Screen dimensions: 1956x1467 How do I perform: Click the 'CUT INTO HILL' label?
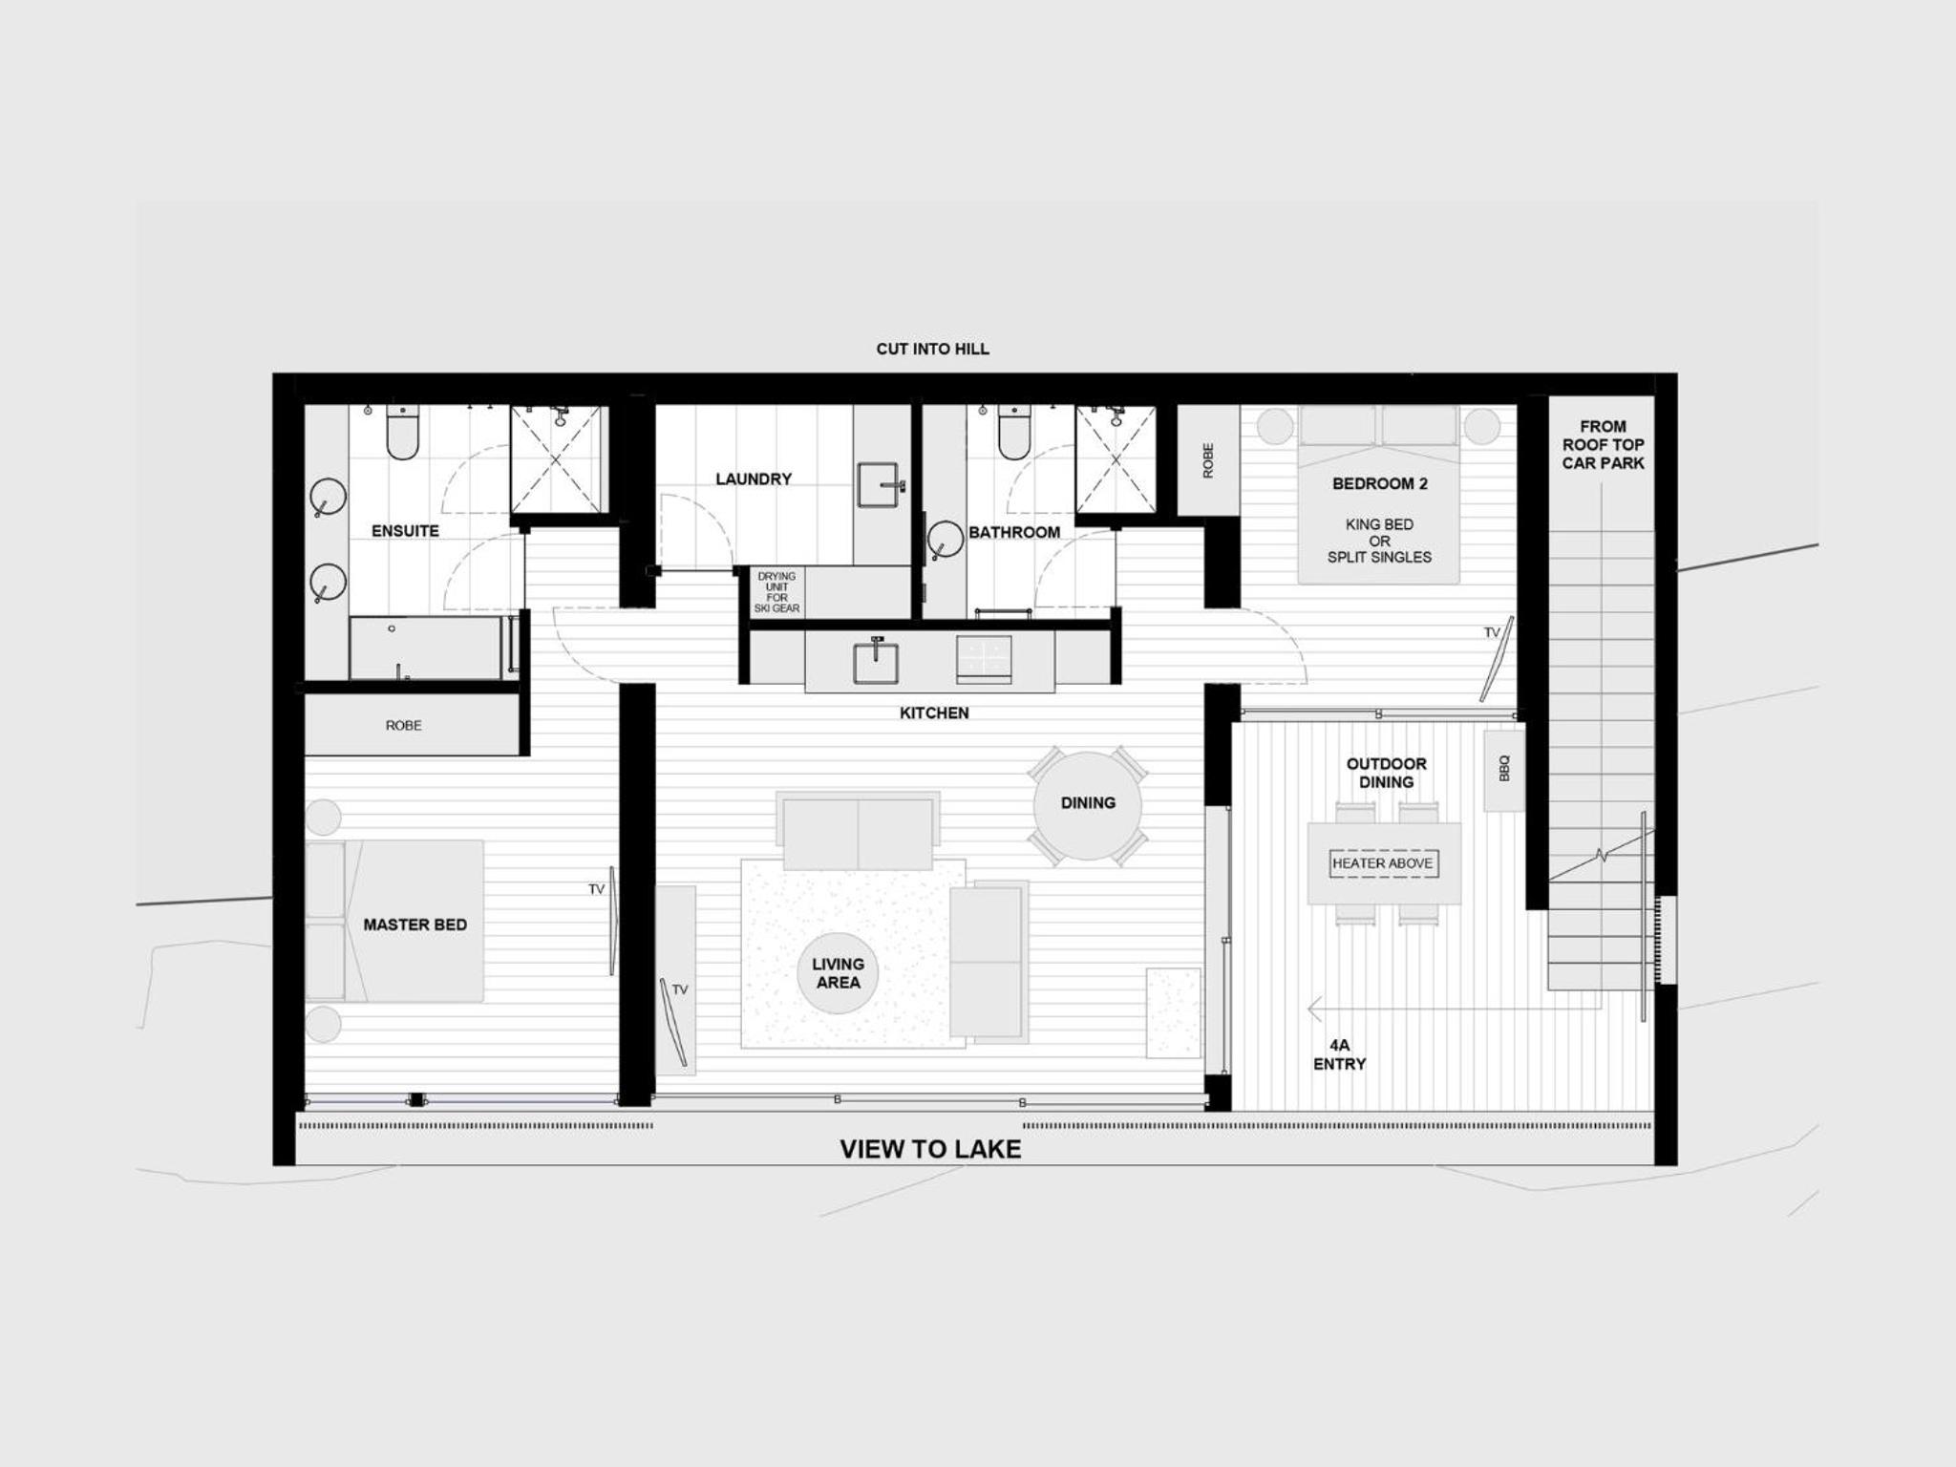click(932, 350)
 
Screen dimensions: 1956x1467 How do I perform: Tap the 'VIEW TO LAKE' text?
click(930, 1149)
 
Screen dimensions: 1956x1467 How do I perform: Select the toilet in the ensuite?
click(402, 432)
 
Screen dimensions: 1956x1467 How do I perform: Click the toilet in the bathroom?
click(1014, 432)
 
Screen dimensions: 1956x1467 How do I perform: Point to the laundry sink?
click(880, 485)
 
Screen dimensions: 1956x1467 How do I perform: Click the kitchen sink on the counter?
click(876, 660)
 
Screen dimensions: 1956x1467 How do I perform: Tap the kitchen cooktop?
click(984, 659)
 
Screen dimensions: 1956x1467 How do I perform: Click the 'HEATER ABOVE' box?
click(1382, 863)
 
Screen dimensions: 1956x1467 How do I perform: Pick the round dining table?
click(1088, 805)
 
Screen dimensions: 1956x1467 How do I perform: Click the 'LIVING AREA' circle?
click(838, 973)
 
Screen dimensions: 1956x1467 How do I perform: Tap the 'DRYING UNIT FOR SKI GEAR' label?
click(776, 592)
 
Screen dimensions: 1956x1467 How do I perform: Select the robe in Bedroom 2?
click(1208, 460)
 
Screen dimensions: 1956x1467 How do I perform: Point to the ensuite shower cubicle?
click(558, 459)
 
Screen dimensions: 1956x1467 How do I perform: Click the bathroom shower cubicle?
click(1115, 459)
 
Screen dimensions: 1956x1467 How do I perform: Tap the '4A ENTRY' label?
click(1339, 1054)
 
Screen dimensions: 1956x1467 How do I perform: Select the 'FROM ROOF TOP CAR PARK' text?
click(1603, 445)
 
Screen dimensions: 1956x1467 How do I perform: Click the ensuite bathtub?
click(426, 648)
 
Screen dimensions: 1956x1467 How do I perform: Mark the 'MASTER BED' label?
click(415, 925)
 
